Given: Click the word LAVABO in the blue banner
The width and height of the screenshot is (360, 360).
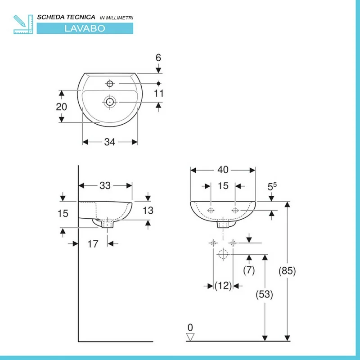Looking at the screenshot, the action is click(x=85, y=28).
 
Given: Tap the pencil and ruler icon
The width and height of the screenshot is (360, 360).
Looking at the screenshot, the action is click(x=23, y=24).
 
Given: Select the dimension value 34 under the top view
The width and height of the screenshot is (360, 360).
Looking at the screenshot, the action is click(x=109, y=142).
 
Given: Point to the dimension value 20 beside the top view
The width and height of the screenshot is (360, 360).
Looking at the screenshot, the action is click(x=62, y=107).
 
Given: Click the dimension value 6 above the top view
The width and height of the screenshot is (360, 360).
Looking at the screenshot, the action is click(x=158, y=58).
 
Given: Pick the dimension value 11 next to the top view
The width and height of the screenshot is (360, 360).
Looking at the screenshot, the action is click(x=159, y=94).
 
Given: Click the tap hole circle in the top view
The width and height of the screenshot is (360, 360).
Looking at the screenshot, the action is click(x=110, y=84).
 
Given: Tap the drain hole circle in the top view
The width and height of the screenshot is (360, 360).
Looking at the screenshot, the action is click(x=110, y=102).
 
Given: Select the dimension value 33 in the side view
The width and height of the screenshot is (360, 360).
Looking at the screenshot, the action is click(x=105, y=185).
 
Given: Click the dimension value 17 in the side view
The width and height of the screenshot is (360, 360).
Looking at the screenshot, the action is click(x=93, y=244).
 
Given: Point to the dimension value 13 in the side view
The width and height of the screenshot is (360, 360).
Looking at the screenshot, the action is click(x=148, y=210).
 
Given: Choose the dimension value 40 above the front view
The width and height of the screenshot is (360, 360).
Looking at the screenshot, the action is click(x=223, y=170).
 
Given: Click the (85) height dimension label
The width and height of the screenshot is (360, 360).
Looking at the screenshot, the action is click(x=287, y=271).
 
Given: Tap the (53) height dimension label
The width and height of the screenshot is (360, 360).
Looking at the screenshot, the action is click(x=264, y=294).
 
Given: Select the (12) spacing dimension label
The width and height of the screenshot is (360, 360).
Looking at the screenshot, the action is click(x=223, y=286).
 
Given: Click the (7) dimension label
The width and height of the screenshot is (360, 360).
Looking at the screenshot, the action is click(x=249, y=270).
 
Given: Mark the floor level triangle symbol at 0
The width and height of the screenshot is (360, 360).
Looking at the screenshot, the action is click(x=190, y=337).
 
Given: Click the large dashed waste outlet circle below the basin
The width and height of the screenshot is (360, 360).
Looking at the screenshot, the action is click(x=223, y=254).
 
